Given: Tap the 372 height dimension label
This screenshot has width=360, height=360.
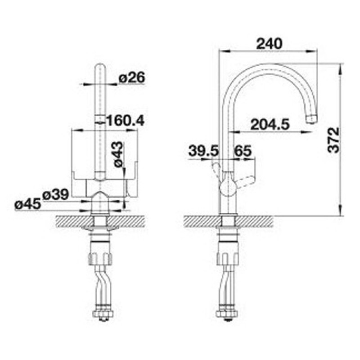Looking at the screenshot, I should click(x=332, y=139).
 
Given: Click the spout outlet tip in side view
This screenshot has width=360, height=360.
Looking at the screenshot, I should click(x=311, y=118).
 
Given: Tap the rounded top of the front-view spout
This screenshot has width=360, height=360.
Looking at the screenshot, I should click(x=100, y=68).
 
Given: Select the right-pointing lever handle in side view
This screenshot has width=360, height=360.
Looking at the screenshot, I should click(x=246, y=180).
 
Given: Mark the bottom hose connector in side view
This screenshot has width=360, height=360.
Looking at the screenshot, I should click(x=227, y=315).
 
